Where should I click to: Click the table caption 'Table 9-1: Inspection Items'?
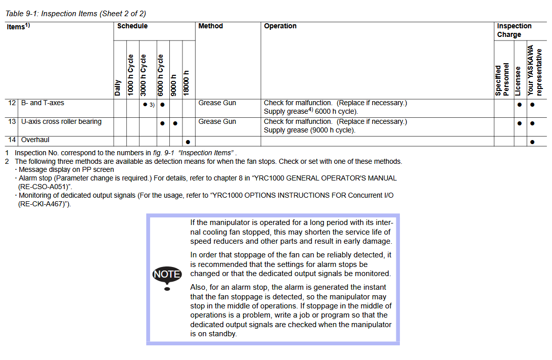point(75,14)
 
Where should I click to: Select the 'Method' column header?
point(210,26)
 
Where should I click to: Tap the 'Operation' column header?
point(280,26)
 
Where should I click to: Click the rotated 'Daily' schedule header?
point(118,87)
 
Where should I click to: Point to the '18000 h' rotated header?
point(187,83)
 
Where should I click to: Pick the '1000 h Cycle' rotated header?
point(131,75)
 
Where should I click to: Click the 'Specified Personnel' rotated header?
point(501,80)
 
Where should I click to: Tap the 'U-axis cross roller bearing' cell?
point(61,122)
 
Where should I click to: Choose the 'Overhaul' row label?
point(35,140)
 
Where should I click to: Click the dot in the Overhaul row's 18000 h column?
point(188,142)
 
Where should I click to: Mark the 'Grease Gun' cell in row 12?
point(217,103)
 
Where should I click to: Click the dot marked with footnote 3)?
point(145,105)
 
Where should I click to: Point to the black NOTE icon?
point(167,274)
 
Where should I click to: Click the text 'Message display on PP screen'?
point(66,170)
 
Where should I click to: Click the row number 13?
point(12,122)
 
